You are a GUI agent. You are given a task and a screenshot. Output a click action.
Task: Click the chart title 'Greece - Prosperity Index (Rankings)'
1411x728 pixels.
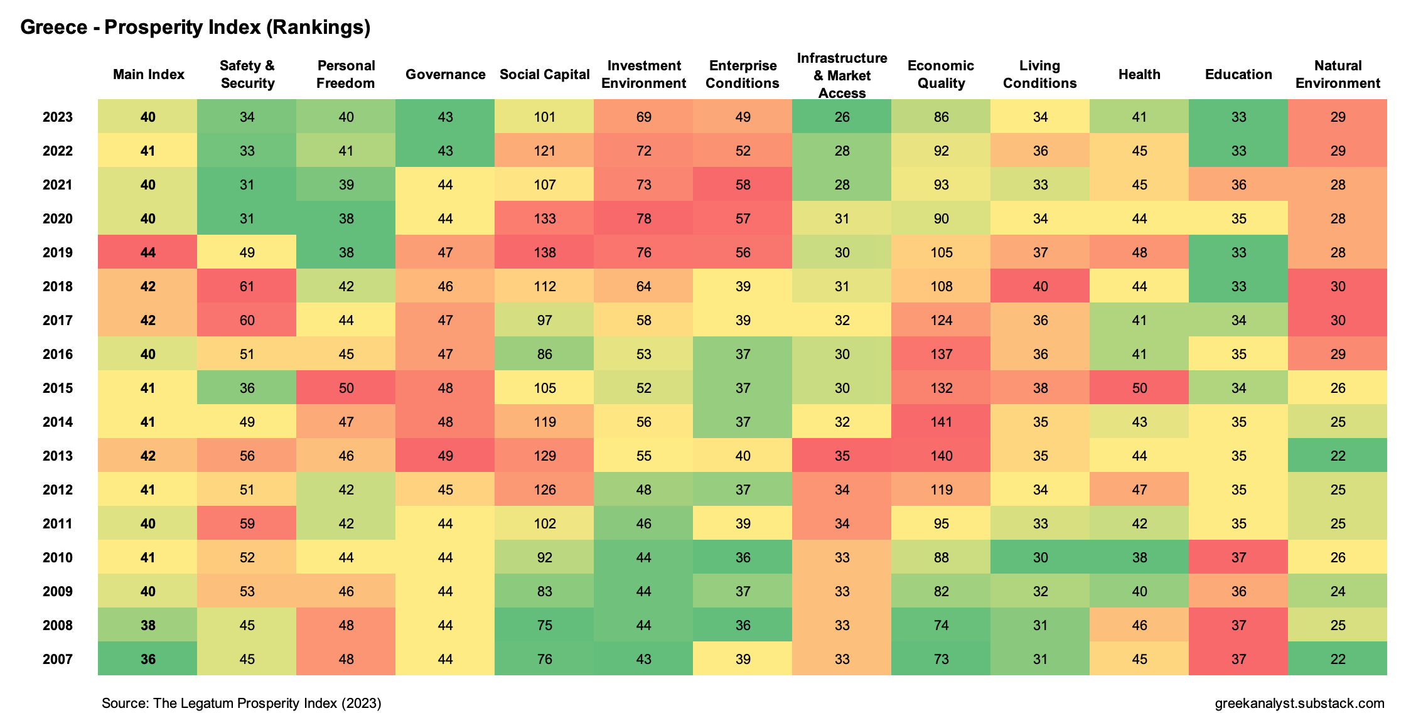pos(195,27)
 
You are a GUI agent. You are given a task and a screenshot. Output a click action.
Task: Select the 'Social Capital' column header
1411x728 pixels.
pos(544,75)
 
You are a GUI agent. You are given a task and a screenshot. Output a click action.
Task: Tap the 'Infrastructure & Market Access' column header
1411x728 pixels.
pos(842,76)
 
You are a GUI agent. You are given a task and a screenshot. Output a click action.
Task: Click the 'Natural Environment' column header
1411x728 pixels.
pos(1338,75)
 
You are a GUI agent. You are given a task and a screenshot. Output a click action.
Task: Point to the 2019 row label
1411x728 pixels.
pos(58,252)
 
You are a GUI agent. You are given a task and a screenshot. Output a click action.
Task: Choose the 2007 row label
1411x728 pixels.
pos(58,659)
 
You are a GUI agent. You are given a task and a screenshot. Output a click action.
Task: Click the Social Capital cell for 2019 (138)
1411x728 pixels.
pos(544,252)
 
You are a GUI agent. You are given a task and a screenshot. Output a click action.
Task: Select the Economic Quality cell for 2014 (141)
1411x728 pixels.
pos(941,422)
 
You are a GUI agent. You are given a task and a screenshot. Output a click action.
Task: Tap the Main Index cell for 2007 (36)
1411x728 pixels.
pos(148,659)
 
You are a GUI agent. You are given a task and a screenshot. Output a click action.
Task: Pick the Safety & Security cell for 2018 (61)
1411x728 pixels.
pos(247,286)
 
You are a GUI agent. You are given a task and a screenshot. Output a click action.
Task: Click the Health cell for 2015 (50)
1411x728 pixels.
pos(1139,388)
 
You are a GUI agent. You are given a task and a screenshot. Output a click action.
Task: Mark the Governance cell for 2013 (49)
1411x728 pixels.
pos(445,456)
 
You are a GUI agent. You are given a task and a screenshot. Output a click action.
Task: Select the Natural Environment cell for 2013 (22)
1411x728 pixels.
pos(1338,456)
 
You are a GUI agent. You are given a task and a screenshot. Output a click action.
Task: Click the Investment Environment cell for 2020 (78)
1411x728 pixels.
pos(643,218)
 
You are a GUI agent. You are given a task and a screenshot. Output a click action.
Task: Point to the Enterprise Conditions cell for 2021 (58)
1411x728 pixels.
pos(743,185)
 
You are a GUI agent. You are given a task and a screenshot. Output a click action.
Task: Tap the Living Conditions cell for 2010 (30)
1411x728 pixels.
pos(1040,557)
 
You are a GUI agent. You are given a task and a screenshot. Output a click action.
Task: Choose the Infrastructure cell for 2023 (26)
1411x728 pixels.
pos(842,117)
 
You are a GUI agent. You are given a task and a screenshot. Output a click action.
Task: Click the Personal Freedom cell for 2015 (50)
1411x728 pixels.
pos(346,388)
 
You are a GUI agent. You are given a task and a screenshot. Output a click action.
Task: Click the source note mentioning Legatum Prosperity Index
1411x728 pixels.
pos(242,703)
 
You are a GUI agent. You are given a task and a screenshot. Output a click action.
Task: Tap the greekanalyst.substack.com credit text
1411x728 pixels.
pos(1299,703)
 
